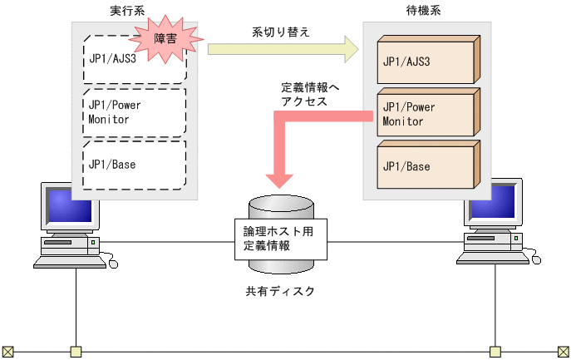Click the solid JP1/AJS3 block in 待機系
tap(424, 62)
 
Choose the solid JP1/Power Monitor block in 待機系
tap(424, 114)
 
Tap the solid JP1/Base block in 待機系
tap(424, 165)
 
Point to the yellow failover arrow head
tap(348, 49)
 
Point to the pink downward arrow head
tap(279, 180)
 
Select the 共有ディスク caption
tap(279, 292)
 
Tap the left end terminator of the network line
tap(7, 351)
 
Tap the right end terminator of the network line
tap(563, 351)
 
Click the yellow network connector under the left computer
tap(76, 351)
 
